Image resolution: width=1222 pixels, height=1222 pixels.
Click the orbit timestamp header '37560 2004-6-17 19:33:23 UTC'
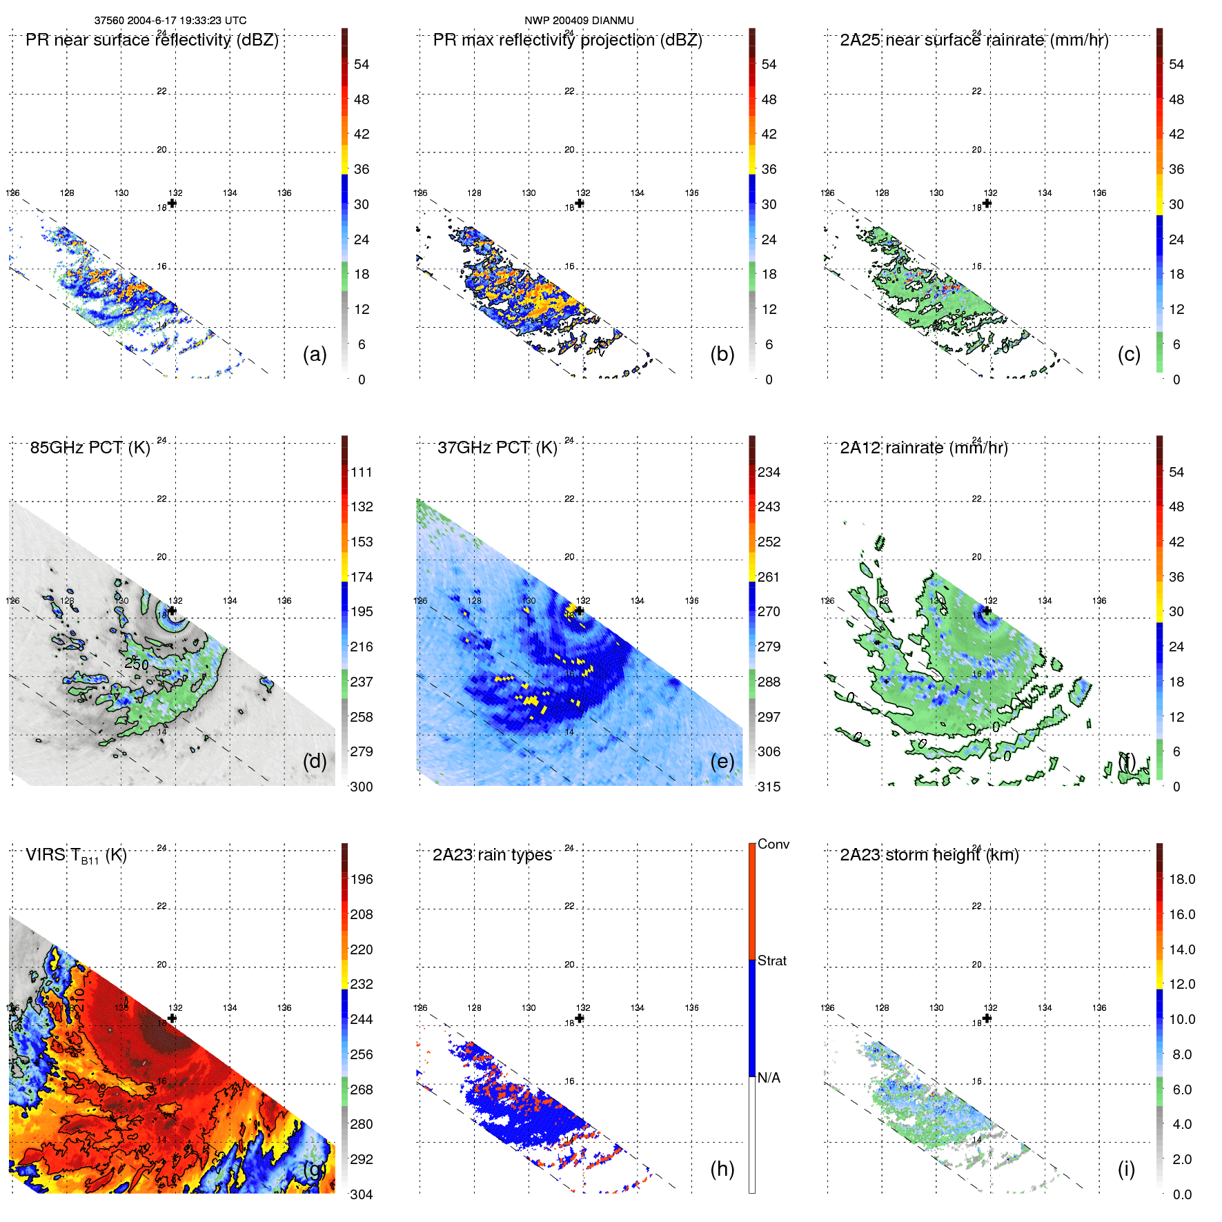170,21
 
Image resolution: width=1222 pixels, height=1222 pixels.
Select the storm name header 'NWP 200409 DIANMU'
579,21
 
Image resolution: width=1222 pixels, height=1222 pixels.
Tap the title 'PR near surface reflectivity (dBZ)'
152,40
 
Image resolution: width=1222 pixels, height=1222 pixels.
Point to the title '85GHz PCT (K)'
90,448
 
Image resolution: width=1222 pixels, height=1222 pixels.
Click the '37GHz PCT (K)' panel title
497,448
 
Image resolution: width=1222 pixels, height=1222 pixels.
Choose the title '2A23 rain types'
492,855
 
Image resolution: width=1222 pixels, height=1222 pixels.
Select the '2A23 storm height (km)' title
929,855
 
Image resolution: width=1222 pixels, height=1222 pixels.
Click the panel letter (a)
315,354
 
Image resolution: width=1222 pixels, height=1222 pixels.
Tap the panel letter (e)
722,761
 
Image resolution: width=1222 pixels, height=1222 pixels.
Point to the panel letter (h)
722,1168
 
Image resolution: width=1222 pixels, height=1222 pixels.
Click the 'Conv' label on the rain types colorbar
773,844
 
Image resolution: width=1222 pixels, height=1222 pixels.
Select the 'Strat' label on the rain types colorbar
772,960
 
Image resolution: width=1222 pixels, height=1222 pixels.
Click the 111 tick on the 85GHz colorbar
362,472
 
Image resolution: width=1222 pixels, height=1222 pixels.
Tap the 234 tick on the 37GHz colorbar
769,472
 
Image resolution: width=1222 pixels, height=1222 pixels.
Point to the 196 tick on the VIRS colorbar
362,879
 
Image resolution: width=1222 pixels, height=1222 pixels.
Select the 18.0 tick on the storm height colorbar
1182,879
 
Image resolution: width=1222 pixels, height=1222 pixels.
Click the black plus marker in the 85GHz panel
172,611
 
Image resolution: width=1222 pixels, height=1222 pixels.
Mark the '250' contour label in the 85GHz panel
137,664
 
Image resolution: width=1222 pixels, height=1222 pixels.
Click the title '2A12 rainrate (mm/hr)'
923,448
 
